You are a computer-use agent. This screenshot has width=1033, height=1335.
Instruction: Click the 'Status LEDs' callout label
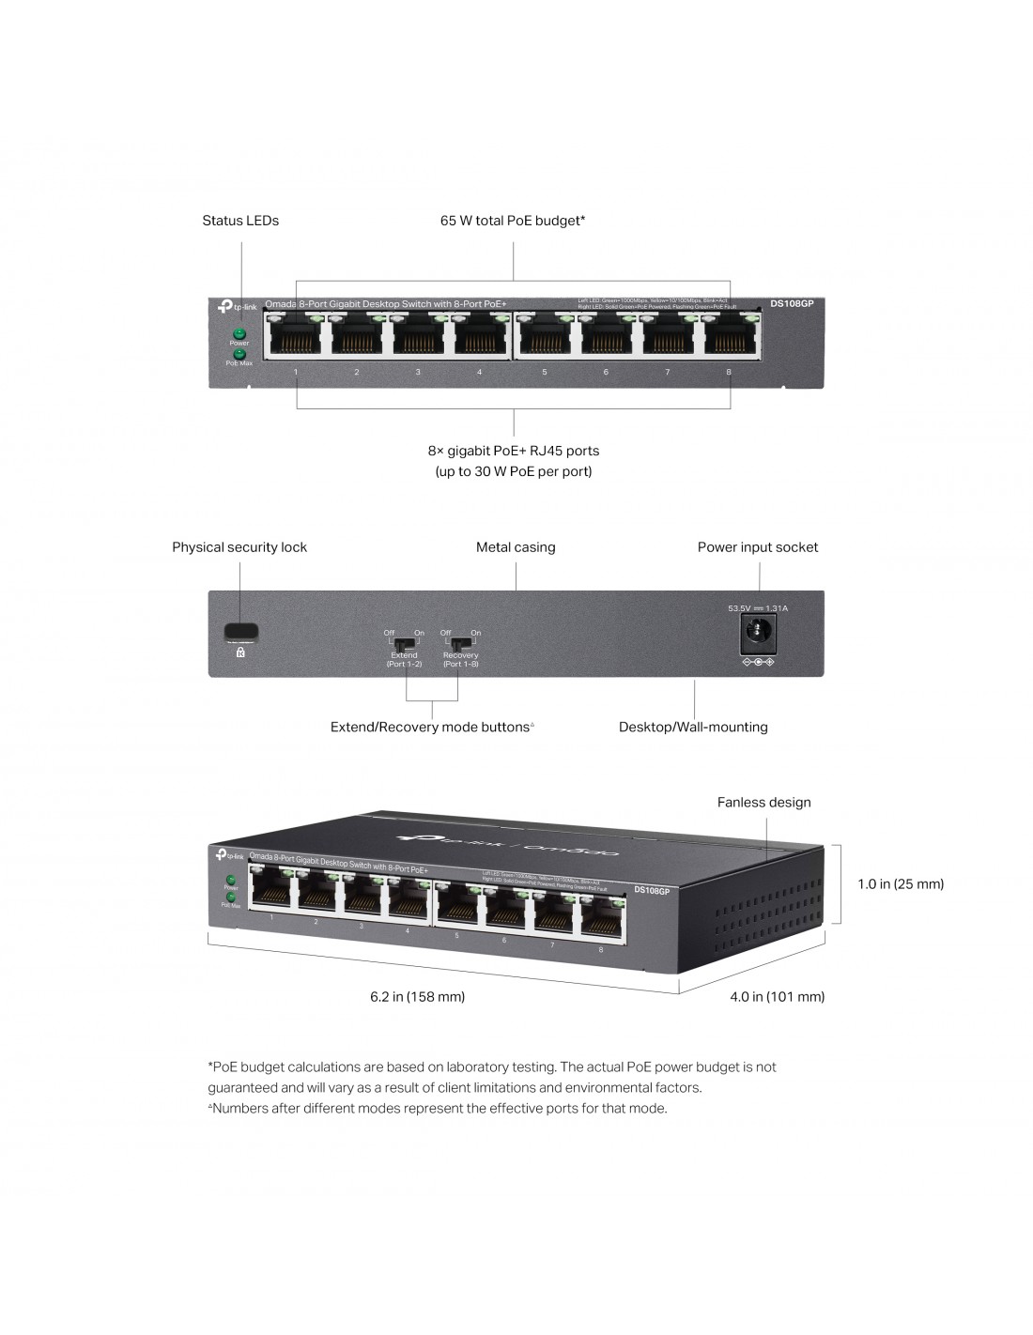[x=240, y=221]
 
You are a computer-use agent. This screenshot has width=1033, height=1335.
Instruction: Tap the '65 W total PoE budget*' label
[x=513, y=221]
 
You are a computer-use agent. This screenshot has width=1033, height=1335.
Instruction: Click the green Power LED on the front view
[x=239, y=333]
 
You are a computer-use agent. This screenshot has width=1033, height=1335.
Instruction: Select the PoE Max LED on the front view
[x=239, y=354]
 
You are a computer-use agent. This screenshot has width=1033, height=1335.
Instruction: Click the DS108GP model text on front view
[x=792, y=303]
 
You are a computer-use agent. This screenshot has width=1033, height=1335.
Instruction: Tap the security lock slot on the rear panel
[x=241, y=630]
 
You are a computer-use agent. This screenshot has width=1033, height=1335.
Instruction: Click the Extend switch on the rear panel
[x=404, y=645]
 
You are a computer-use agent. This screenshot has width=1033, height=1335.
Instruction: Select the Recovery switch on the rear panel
[x=459, y=645]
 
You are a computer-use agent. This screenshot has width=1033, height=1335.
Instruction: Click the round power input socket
[x=757, y=634]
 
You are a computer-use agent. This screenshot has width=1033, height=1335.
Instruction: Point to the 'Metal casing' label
[x=516, y=547]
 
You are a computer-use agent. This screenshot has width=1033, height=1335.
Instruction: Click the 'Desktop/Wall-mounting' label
[x=693, y=727]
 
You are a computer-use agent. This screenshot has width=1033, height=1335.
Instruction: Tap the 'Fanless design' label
[x=763, y=803]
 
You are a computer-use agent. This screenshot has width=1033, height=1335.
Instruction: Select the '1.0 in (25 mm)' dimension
[x=901, y=883]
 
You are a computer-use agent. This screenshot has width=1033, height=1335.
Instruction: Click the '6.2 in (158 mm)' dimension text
[x=417, y=996]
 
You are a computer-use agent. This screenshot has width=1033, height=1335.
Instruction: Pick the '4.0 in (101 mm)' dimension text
[x=777, y=996]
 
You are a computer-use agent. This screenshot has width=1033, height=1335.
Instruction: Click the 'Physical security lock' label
[x=239, y=547]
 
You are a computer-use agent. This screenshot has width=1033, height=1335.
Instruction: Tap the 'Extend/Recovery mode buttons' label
[x=431, y=727]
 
